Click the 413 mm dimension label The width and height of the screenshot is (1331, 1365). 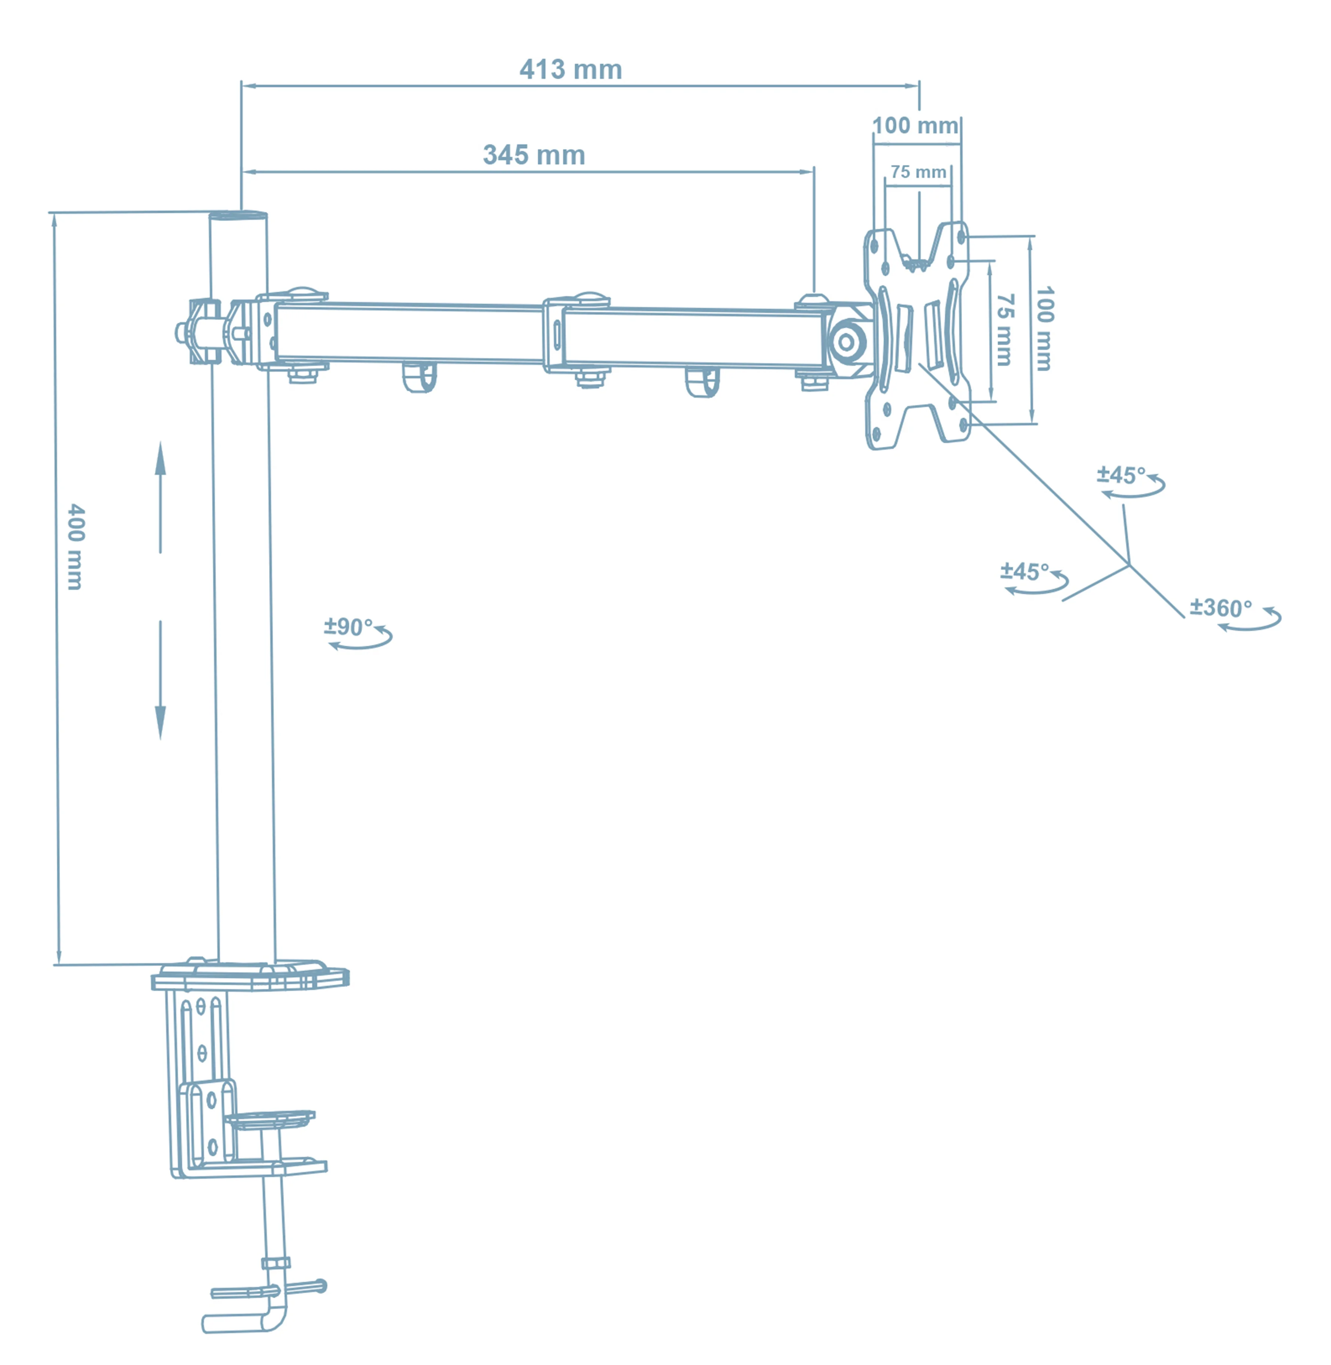coord(570,70)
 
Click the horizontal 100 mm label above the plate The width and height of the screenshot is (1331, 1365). coord(915,126)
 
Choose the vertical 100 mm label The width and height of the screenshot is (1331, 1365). coord(1044,329)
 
